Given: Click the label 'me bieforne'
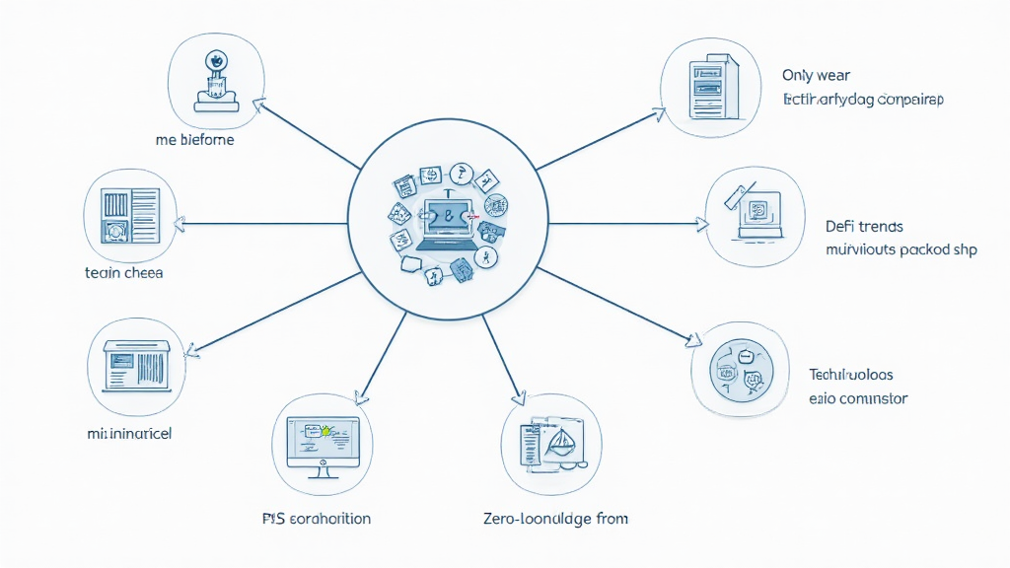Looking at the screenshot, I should coord(195,140).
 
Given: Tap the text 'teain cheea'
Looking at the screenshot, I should coord(124,272).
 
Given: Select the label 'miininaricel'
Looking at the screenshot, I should coord(129,433).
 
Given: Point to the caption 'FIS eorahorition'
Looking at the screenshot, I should coord(317,518).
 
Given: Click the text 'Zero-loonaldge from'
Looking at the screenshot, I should coord(556,518).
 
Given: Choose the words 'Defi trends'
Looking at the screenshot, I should coord(864,227).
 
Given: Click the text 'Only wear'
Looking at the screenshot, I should coord(816,75).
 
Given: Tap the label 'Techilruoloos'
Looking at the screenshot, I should coord(851,375).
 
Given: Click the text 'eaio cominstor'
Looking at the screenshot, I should coord(858,399).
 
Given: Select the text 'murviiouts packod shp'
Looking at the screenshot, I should coord(901,249).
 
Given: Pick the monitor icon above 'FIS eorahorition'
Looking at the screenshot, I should coord(319,441).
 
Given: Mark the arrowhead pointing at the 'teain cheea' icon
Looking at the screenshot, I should coord(182,223).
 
